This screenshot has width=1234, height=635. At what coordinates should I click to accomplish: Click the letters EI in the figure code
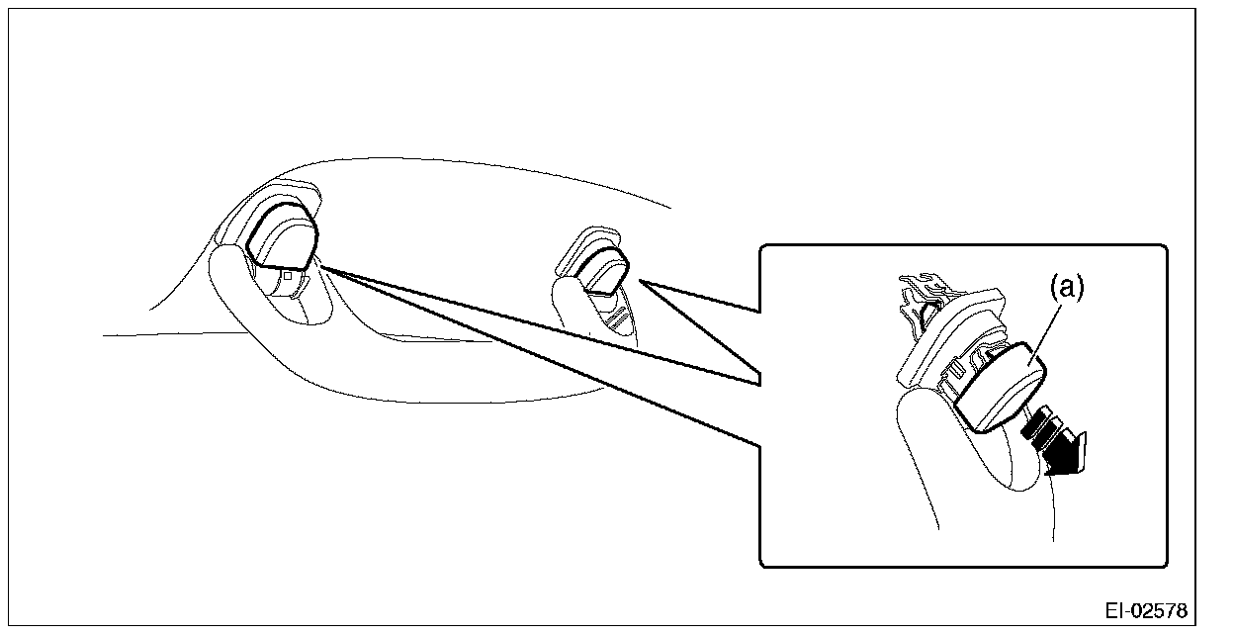click(1116, 609)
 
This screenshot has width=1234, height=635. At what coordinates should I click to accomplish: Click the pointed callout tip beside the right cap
click(642, 280)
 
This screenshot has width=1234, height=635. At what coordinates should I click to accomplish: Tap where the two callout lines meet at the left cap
click(319, 264)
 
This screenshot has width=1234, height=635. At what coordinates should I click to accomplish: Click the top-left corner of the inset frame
click(761, 247)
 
